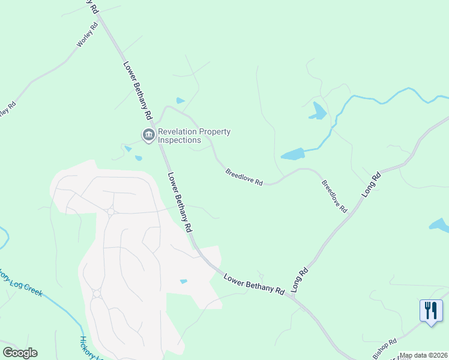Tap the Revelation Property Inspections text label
click(194, 136)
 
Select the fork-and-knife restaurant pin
click(430, 311)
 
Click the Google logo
click(20, 353)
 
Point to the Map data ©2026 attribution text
click(423, 355)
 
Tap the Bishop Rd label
click(385, 349)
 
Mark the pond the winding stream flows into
click(293, 154)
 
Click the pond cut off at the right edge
click(440, 226)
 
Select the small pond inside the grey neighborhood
click(184, 281)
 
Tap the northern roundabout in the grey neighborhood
click(111, 212)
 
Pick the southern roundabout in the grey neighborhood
click(97, 293)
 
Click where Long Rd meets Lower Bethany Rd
click(295, 296)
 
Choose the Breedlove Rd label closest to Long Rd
click(334, 197)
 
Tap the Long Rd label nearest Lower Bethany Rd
click(300, 280)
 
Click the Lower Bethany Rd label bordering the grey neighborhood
click(180, 202)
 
